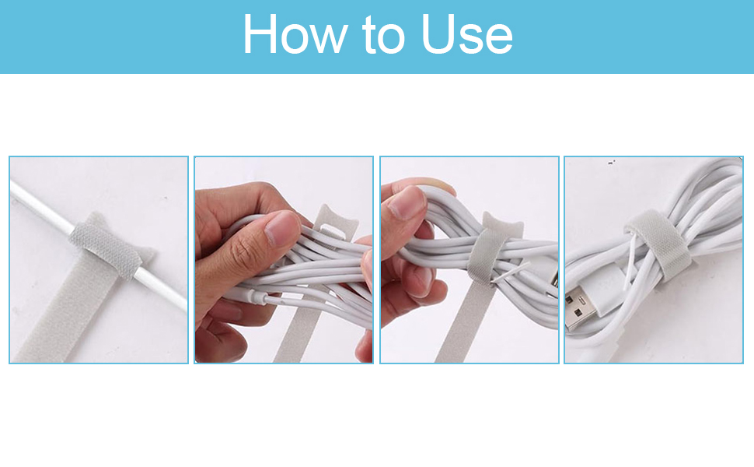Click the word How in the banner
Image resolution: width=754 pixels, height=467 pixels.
pos(295,34)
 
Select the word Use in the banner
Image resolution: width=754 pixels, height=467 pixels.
pos(466,34)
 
